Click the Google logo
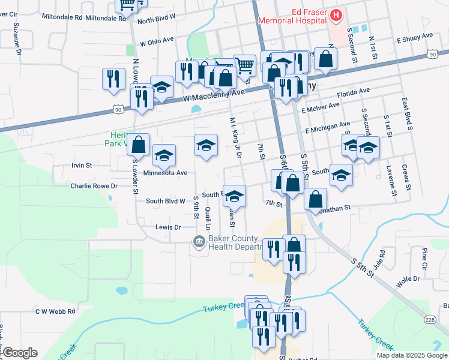click(x=20, y=352)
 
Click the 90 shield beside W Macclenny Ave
click(x=119, y=109)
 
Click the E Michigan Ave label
click(x=327, y=128)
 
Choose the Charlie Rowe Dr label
click(x=93, y=186)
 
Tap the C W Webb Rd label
click(x=55, y=311)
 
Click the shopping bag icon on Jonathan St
click(x=315, y=199)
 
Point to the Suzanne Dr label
click(x=17, y=38)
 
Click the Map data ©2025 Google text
click(x=411, y=355)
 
